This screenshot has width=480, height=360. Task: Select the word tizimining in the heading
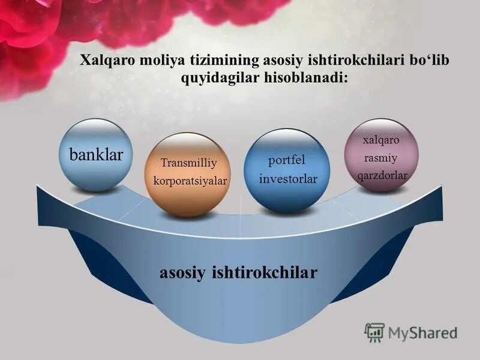pyautogui.click(x=219, y=61)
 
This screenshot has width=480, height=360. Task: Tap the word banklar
pyautogui.click(x=97, y=155)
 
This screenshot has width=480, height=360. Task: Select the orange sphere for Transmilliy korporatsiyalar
pyautogui.click(x=188, y=174)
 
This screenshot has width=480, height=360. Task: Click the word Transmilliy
pyautogui.click(x=188, y=163)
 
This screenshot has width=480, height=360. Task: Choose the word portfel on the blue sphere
pyautogui.click(x=286, y=160)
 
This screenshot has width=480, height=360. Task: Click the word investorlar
pyautogui.click(x=288, y=179)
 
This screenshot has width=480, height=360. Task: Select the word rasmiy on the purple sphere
pyautogui.click(x=381, y=158)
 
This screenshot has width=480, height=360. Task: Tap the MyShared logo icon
pyautogui.click(x=375, y=332)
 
